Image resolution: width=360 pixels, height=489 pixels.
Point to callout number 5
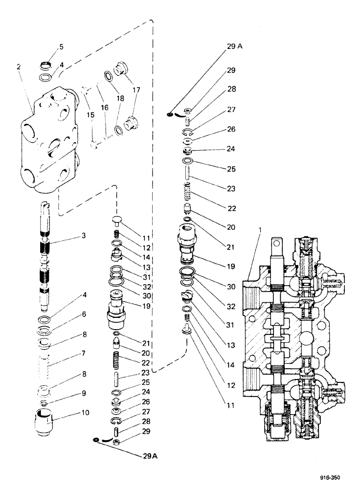point(61,46)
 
